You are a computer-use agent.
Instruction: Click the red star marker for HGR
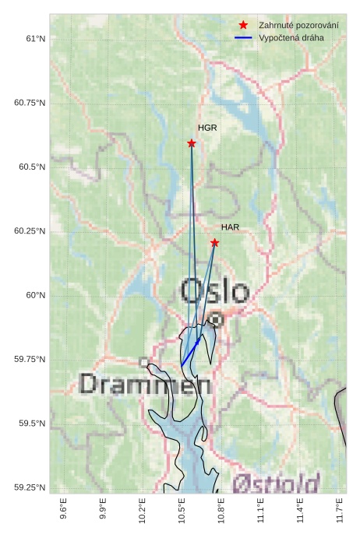click(x=191, y=143)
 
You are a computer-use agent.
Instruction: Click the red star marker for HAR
click(x=214, y=243)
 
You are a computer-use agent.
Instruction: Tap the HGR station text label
click(x=206, y=128)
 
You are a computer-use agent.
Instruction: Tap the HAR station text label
click(x=230, y=227)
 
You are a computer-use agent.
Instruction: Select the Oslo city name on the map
click(x=215, y=292)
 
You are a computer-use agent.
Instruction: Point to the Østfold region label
click(x=276, y=483)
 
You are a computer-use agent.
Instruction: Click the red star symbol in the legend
click(x=243, y=26)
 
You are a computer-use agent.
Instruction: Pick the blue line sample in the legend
click(x=243, y=37)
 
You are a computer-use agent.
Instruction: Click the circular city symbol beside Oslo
click(x=216, y=318)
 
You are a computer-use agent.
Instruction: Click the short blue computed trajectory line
click(x=191, y=352)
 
